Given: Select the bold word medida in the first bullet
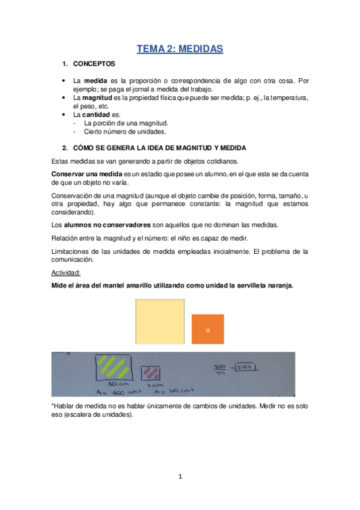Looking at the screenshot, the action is (x=95, y=81).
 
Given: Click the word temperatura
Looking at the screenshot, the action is (x=289, y=97).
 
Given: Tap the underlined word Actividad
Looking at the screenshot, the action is (x=69, y=272).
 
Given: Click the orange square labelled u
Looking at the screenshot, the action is (x=207, y=330).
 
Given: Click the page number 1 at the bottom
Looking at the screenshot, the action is (x=180, y=478).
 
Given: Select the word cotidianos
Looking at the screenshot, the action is (x=219, y=161).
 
